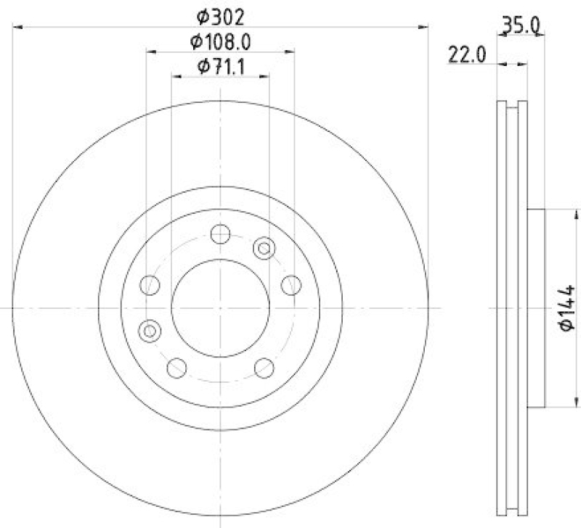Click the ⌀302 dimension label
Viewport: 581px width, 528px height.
click(221, 15)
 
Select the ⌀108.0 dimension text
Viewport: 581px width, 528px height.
click(221, 41)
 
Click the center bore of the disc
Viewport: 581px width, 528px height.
click(220, 308)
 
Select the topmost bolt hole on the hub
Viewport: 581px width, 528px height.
click(220, 234)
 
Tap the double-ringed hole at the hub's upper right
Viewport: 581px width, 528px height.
click(264, 249)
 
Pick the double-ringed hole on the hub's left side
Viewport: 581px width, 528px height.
click(149, 331)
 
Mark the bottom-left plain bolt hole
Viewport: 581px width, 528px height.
click(176, 368)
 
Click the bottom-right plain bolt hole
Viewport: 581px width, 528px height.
click(264, 368)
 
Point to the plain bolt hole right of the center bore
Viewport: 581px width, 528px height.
click(291, 284)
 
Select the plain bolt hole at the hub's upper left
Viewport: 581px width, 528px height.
click(150, 284)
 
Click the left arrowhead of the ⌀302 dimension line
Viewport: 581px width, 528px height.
click(17, 28)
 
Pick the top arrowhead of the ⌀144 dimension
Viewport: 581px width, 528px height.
click(575, 212)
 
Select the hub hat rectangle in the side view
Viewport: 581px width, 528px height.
click(535, 308)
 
